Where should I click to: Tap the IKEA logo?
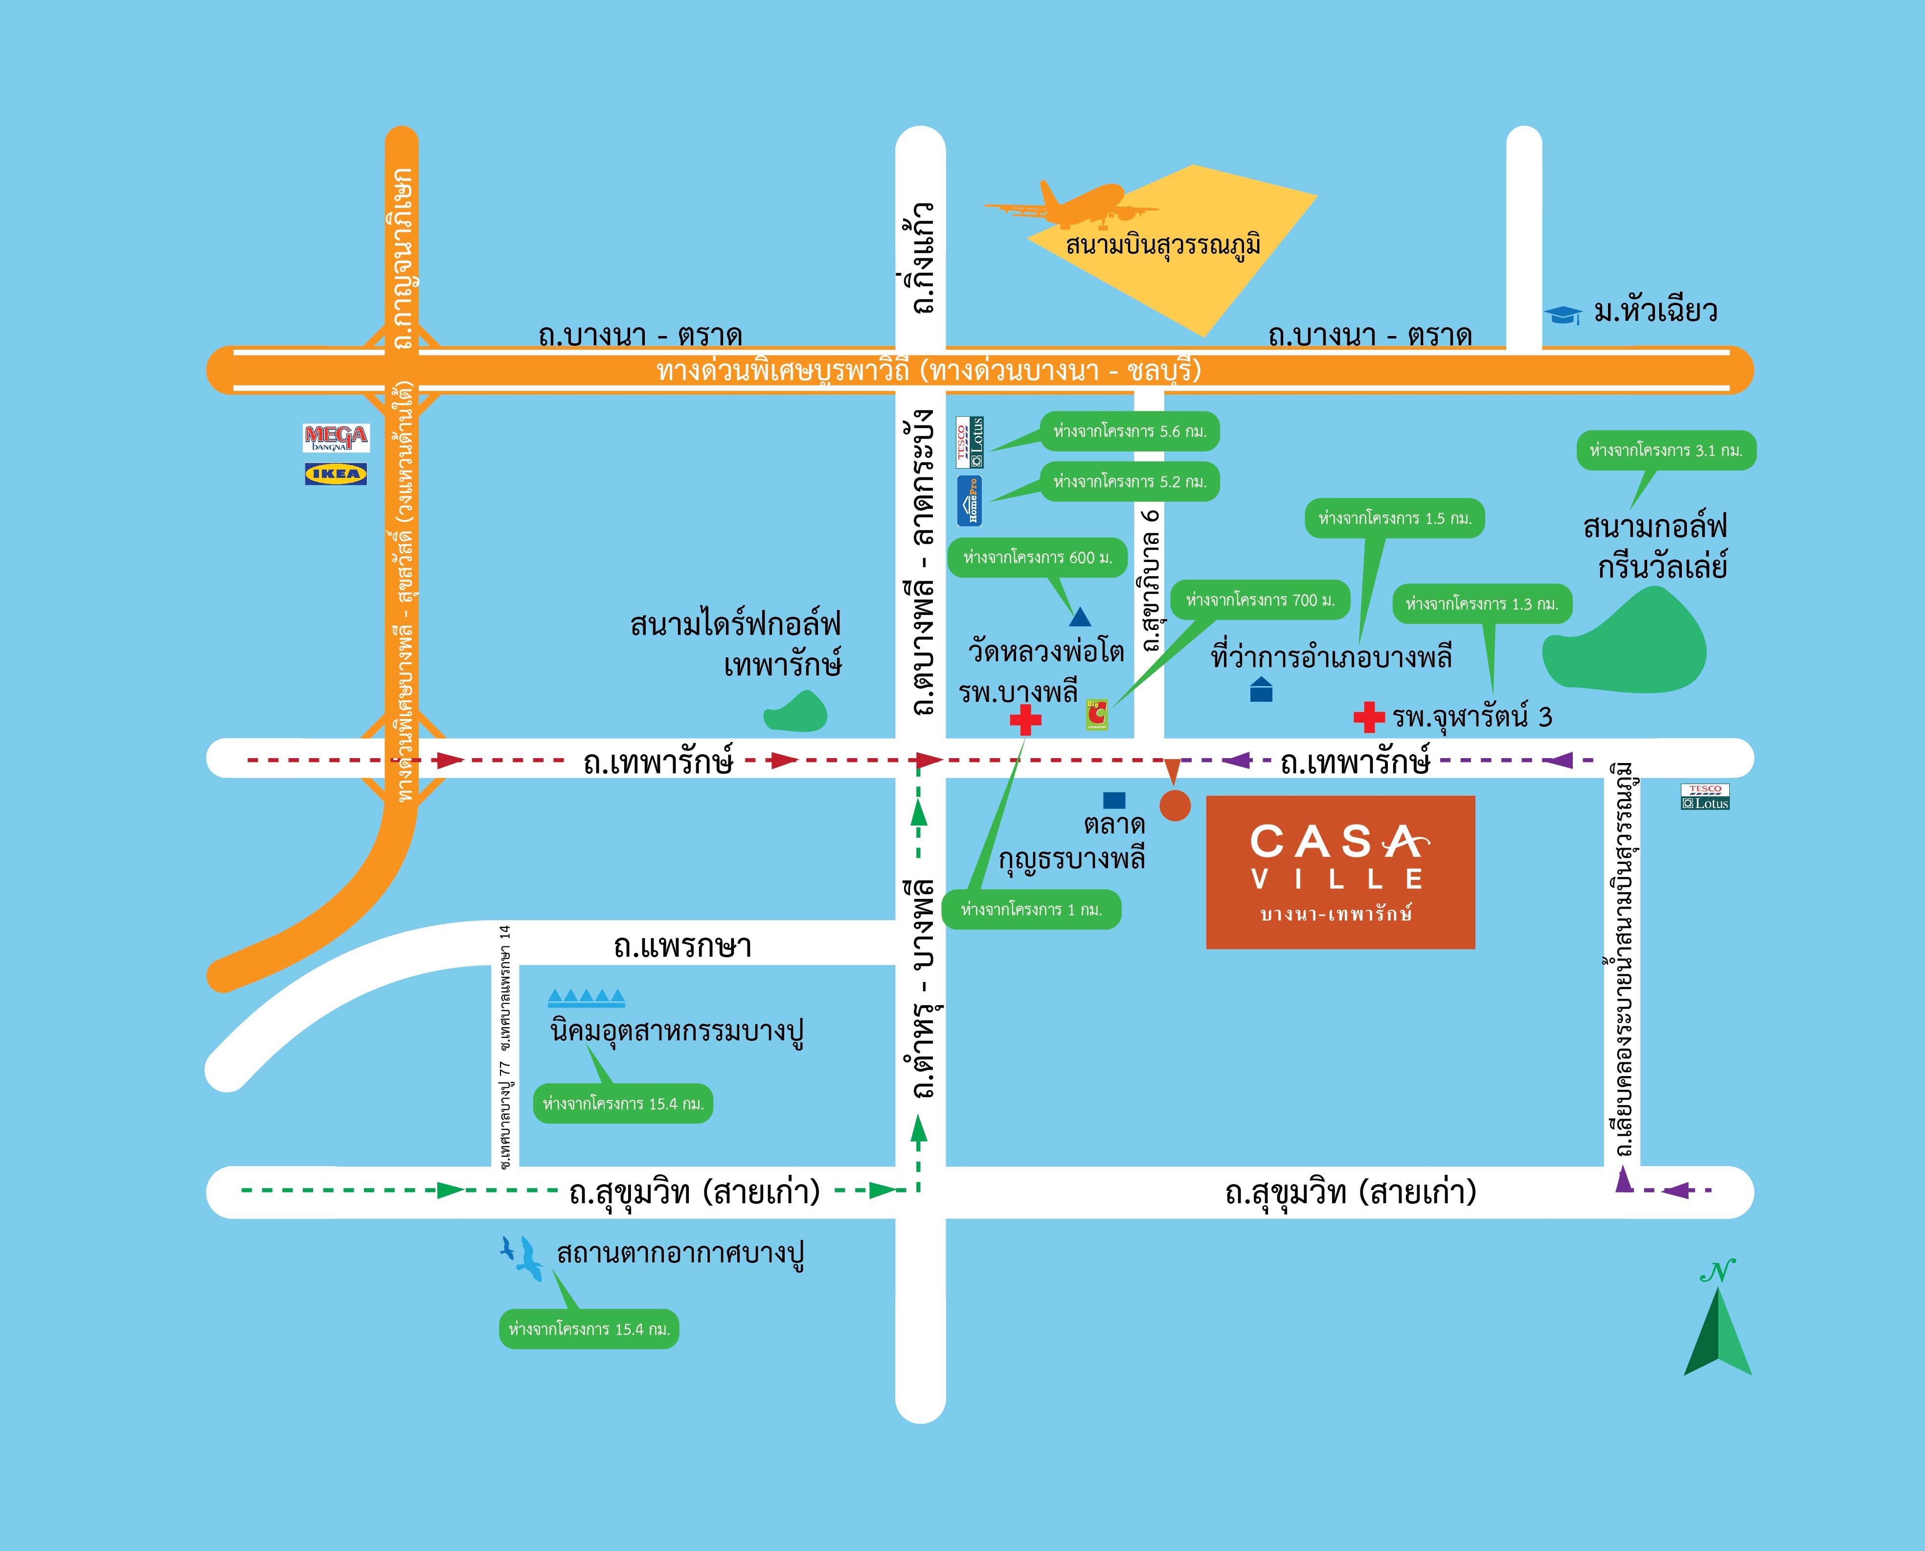(x=336, y=473)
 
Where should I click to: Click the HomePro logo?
(x=970, y=501)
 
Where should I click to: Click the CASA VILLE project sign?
(x=1340, y=872)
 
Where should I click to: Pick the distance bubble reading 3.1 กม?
(x=1666, y=451)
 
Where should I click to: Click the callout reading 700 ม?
(x=1260, y=600)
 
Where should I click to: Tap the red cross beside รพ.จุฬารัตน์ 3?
(x=1368, y=717)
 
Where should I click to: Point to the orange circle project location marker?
(x=1174, y=804)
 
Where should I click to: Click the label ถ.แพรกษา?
(x=682, y=946)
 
